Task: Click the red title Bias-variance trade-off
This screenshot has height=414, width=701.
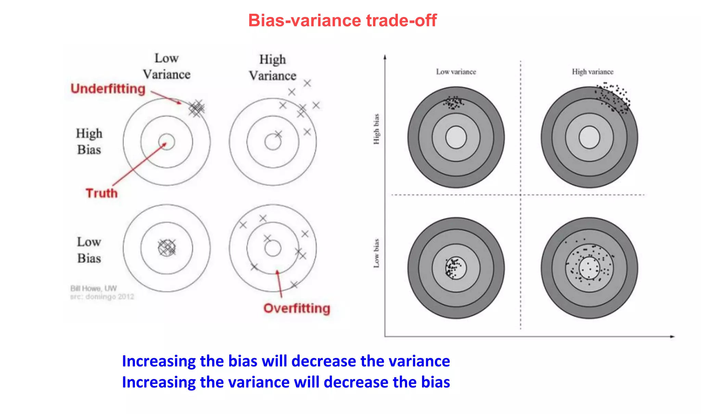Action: click(x=342, y=21)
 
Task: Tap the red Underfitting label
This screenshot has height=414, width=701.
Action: click(x=108, y=89)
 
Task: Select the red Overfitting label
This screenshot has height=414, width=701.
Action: click(x=297, y=308)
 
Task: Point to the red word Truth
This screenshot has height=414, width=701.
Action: click(x=102, y=193)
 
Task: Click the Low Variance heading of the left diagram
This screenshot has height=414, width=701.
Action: click(x=167, y=66)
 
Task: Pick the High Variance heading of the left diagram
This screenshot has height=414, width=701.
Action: click(x=272, y=67)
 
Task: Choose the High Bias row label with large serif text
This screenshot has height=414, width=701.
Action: click(x=89, y=141)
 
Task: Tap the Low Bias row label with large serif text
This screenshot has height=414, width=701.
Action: click(x=89, y=250)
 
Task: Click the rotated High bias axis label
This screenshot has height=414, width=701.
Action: click(x=376, y=129)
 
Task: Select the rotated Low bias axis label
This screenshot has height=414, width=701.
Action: click(x=376, y=253)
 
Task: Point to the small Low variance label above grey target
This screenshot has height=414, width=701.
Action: click(x=456, y=72)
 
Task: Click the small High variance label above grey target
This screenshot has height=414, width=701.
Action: click(x=592, y=72)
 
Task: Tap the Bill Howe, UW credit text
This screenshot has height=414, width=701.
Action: click(x=93, y=288)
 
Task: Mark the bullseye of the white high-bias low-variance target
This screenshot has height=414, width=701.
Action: click(x=167, y=142)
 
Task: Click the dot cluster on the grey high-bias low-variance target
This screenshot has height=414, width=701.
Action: click(x=454, y=102)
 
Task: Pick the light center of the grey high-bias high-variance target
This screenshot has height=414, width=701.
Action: click(x=589, y=137)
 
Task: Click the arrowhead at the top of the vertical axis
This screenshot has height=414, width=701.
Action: click(x=385, y=57)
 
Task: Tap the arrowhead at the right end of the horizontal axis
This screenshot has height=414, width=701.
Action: click(x=672, y=337)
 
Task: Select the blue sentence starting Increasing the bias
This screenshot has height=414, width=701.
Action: click(x=286, y=361)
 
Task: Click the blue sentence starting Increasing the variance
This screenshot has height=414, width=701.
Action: click(x=286, y=382)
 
